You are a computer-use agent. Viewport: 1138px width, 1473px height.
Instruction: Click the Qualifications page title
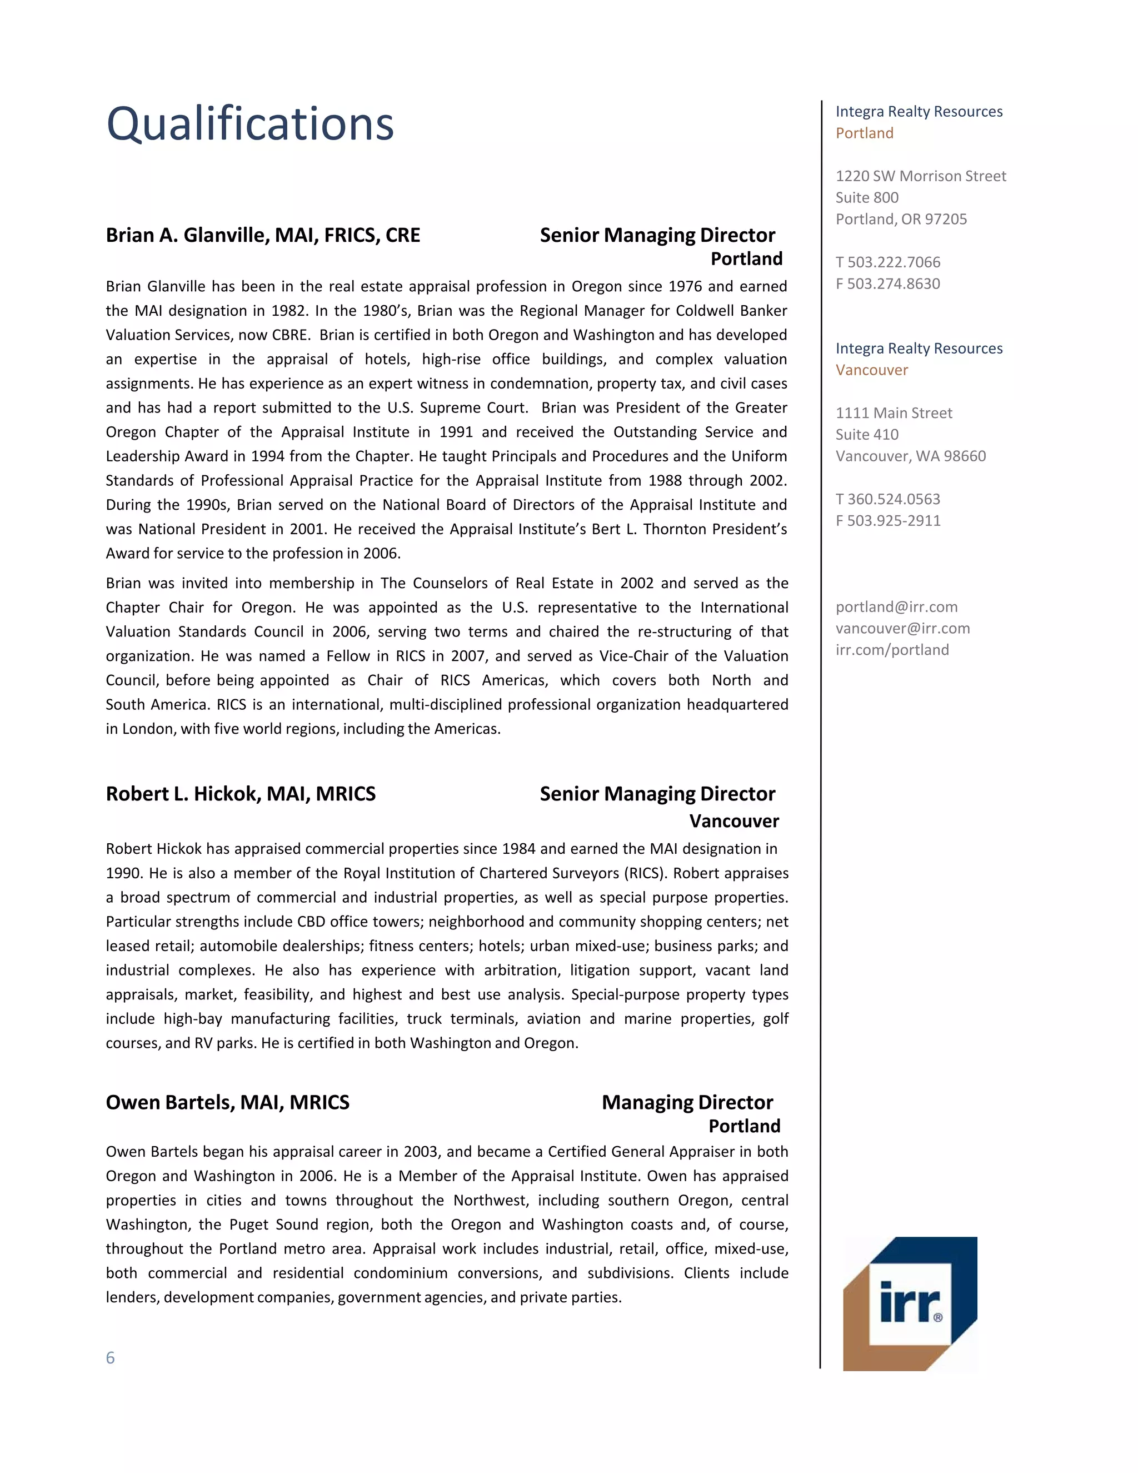[250, 124]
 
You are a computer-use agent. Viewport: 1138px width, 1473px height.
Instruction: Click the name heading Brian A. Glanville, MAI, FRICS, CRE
[263, 235]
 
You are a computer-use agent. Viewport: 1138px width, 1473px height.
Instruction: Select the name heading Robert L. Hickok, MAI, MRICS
[241, 794]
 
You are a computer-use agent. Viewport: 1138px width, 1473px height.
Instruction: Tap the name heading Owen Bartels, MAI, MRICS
[228, 1103]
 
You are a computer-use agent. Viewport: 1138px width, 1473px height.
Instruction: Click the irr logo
[910, 1303]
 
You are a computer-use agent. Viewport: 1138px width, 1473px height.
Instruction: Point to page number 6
[111, 1358]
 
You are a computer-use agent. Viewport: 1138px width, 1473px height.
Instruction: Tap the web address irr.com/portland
[892, 650]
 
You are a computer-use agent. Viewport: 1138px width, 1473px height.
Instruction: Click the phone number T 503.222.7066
[888, 262]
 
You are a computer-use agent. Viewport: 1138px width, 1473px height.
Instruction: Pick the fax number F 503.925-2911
[888, 521]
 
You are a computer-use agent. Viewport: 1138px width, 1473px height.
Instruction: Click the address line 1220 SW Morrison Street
[920, 176]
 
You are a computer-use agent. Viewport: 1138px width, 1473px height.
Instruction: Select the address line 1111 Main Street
[894, 413]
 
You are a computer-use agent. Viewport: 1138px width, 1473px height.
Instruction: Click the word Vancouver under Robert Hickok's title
[733, 821]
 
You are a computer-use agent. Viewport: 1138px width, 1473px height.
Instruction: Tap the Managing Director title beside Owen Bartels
[687, 1103]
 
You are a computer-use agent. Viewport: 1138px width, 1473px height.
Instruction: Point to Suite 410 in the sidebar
[867, 434]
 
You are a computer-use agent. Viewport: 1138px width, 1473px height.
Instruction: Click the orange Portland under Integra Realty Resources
[864, 133]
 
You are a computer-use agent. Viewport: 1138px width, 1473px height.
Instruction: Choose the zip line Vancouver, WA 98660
[910, 456]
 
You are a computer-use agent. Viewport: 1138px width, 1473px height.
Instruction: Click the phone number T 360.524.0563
[888, 499]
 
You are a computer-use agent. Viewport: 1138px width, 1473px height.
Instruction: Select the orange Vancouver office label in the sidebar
[872, 370]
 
